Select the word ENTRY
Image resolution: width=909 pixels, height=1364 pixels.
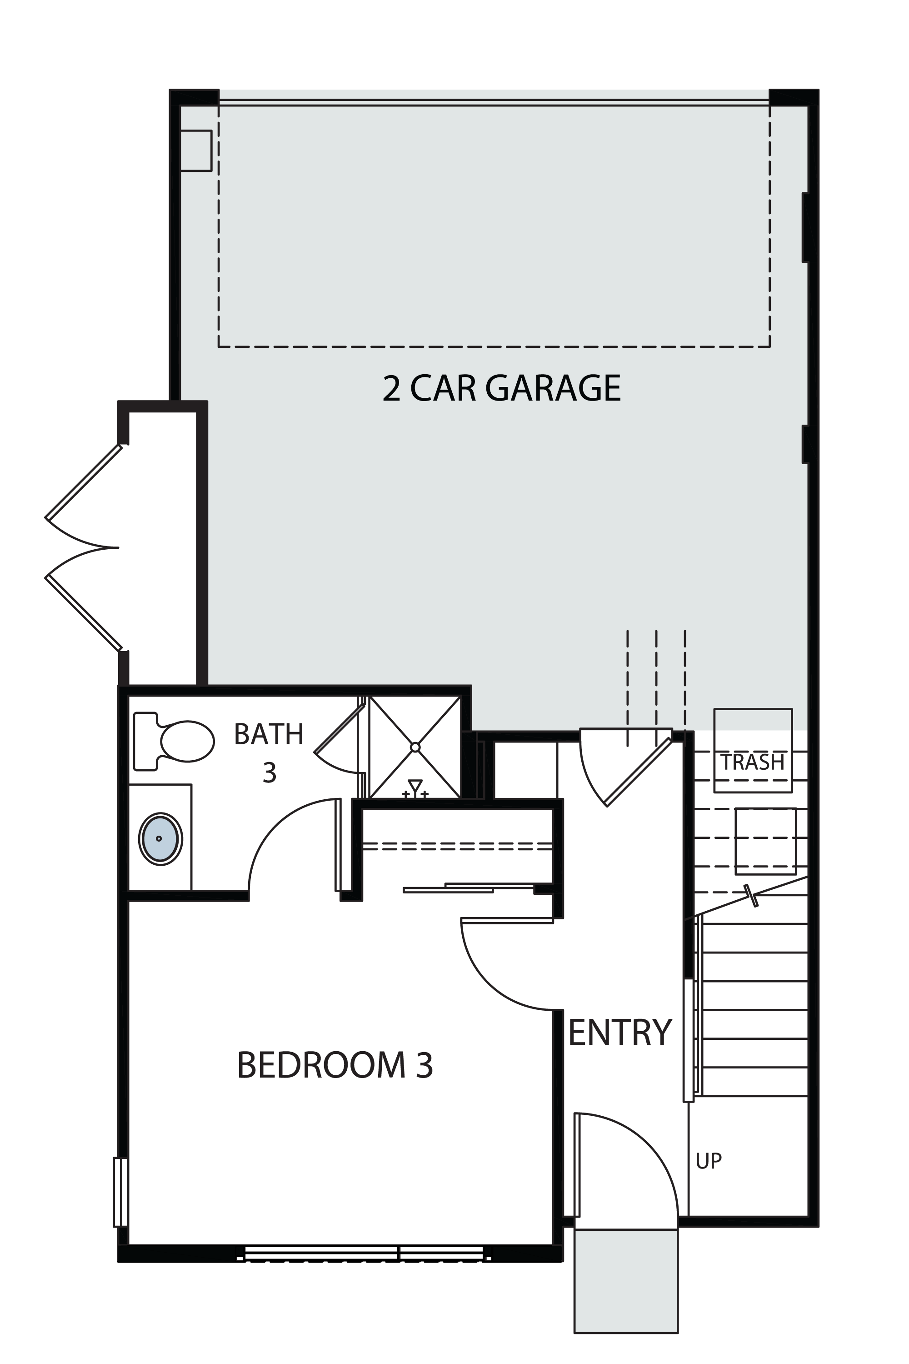point(620,1033)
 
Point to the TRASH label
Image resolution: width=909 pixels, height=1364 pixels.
point(753,762)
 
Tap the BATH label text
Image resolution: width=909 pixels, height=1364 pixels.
point(269,734)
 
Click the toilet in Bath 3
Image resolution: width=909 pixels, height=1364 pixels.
point(174,741)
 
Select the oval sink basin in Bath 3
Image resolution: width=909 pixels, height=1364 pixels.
point(160,839)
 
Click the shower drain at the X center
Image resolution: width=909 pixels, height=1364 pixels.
point(415,747)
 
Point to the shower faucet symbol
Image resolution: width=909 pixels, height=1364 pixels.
point(415,789)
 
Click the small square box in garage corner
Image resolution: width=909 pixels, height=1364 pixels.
point(195,151)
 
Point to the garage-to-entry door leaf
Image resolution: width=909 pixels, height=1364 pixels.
point(638,772)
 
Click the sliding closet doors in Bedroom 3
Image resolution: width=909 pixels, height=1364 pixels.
point(469,888)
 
